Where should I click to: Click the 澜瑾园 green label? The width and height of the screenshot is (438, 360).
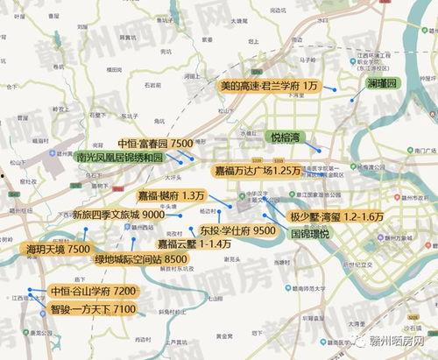[381, 83]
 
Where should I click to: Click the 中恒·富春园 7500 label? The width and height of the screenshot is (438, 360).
[155, 143]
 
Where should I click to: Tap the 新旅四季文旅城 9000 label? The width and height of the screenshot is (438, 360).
[118, 215]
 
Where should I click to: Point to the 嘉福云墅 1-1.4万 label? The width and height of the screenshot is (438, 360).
[194, 244]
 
